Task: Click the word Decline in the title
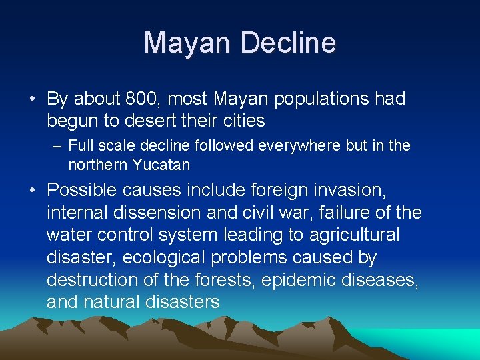[x=288, y=43]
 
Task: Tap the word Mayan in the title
[x=187, y=43]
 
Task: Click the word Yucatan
[x=163, y=164]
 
